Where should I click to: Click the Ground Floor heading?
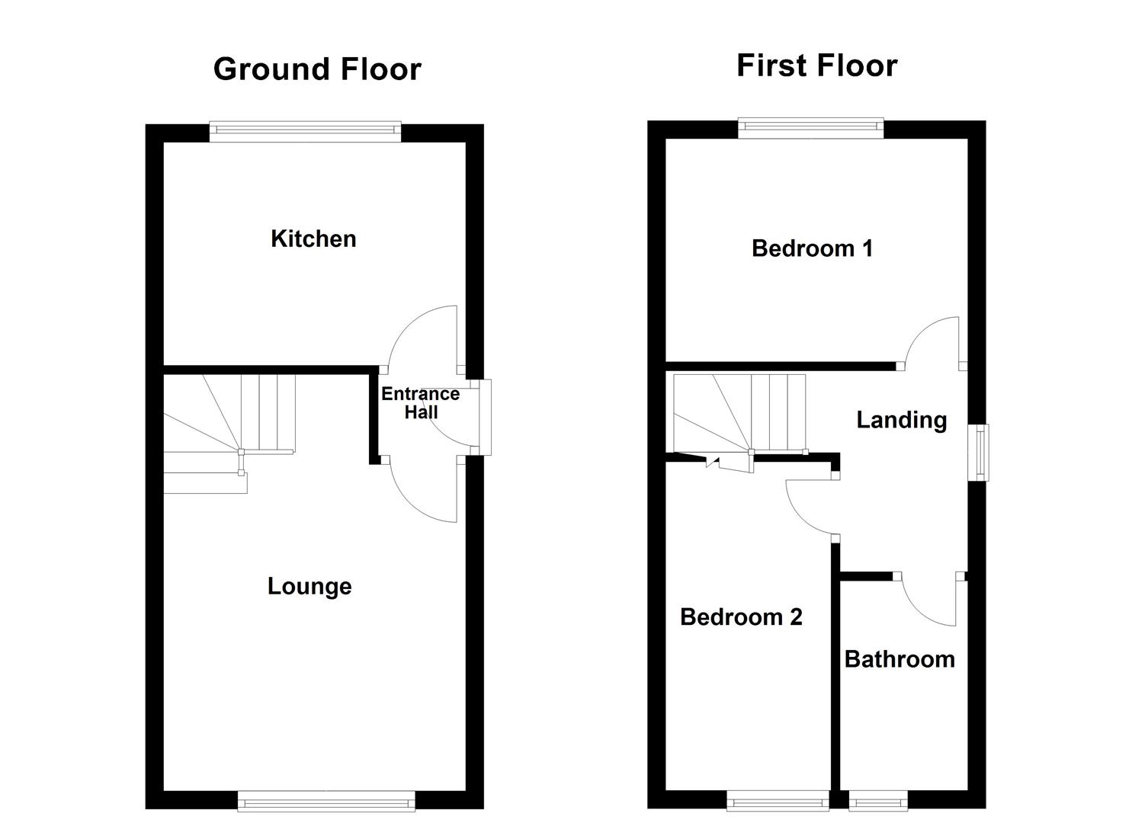pyautogui.click(x=317, y=69)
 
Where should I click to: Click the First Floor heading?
pyautogui.click(x=816, y=66)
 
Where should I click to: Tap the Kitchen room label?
pyautogui.click(x=313, y=239)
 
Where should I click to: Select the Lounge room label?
pyautogui.click(x=309, y=586)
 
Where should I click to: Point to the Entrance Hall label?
pyautogui.click(x=420, y=403)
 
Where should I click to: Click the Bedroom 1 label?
pyautogui.click(x=812, y=248)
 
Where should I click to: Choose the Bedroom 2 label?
pyautogui.click(x=741, y=616)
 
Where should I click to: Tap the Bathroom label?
pyautogui.click(x=900, y=659)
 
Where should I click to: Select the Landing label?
pyautogui.click(x=902, y=420)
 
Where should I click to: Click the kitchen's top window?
pyautogui.click(x=305, y=132)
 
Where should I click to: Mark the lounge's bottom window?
pyautogui.click(x=326, y=800)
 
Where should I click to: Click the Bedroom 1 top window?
pyautogui.click(x=810, y=129)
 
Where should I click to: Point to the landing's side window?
pyautogui.click(x=978, y=453)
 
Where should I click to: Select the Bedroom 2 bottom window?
pyautogui.click(x=777, y=800)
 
